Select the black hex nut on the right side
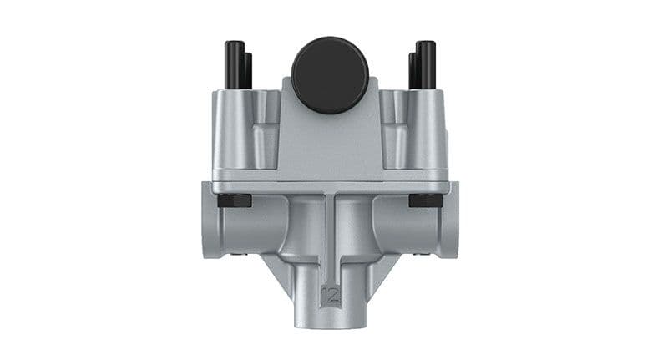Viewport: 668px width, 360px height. (x=426, y=200)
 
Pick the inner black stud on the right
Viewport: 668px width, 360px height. (x=412, y=71)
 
